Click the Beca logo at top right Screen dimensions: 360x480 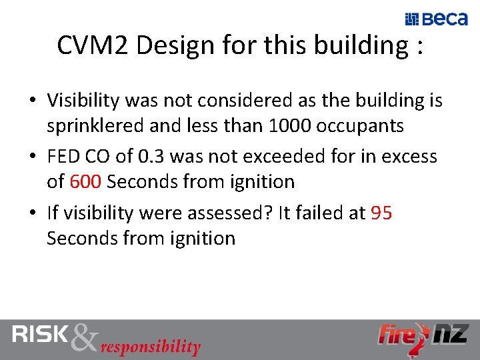437,19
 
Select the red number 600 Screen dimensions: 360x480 85,181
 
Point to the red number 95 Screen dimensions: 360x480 381,213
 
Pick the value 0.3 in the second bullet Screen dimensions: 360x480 154,157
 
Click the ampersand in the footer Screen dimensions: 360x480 84,338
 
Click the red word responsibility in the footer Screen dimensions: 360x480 151,347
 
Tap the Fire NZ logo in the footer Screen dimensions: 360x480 423,335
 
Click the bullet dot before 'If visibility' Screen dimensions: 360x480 32,213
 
